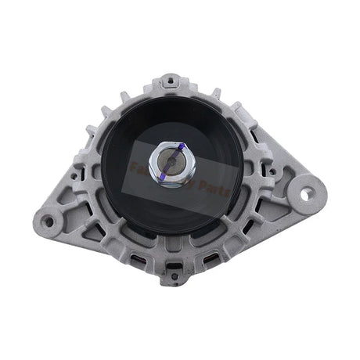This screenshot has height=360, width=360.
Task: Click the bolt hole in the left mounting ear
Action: click(49, 221)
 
